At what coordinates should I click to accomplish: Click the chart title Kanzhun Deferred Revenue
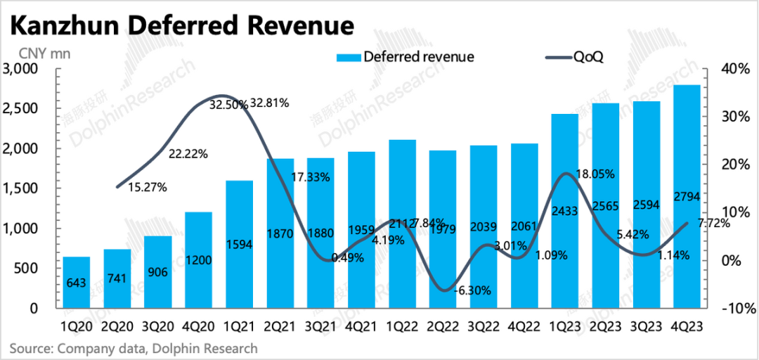[181, 27]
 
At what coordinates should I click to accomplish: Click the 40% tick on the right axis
[735, 69]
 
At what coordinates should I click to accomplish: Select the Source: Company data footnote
[134, 348]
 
